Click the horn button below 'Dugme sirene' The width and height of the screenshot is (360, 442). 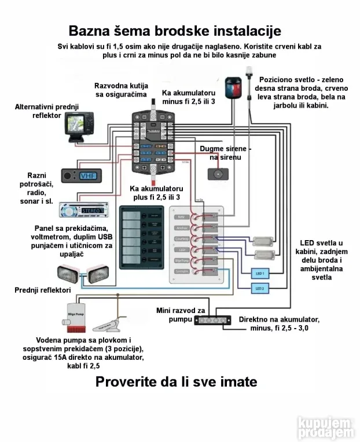pyautogui.click(x=218, y=174)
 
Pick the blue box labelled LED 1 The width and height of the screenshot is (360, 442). pyautogui.click(x=259, y=272)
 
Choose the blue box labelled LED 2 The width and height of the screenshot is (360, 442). pyautogui.click(x=259, y=288)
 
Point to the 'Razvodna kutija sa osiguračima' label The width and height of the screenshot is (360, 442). pyautogui.click(x=120, y=90)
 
